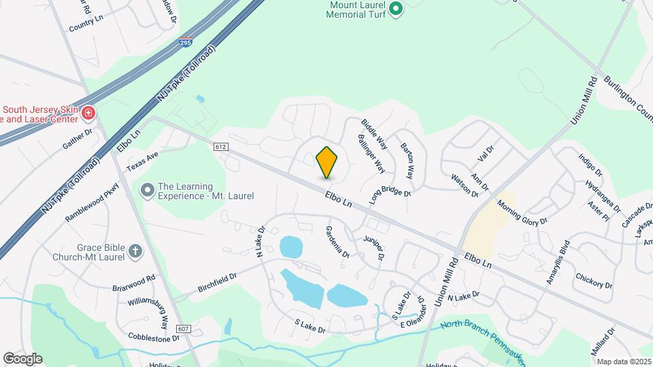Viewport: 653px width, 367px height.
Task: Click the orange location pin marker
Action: click(x=326, y=162)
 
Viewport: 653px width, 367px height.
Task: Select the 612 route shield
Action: click(x=220, y=147)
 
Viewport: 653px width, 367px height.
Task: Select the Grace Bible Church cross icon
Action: click(x=135, y=252)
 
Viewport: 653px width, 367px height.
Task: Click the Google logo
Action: click(x=22, y=358)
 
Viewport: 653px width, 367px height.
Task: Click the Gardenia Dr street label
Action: click(x=337, y=242)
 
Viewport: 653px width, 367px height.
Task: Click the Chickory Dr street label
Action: click(x=594, y=280)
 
